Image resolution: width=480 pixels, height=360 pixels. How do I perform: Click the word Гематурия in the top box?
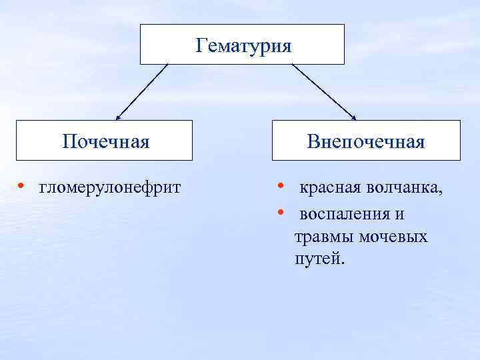coord(244,46)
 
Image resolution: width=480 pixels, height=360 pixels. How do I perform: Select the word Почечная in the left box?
coord(105,141)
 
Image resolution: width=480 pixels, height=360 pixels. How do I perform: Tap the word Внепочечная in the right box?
coord(366,141)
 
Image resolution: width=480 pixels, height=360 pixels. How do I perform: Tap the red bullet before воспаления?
coord(282,211)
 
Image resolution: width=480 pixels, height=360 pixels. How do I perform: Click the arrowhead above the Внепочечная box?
coord(353,117)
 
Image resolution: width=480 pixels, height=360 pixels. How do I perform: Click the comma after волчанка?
coord(440,193)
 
